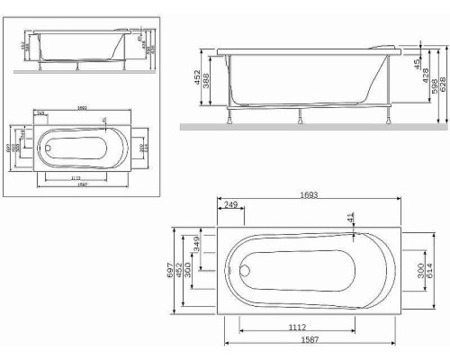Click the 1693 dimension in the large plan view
tap(313, 195)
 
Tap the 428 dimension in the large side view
tap(425, 79)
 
